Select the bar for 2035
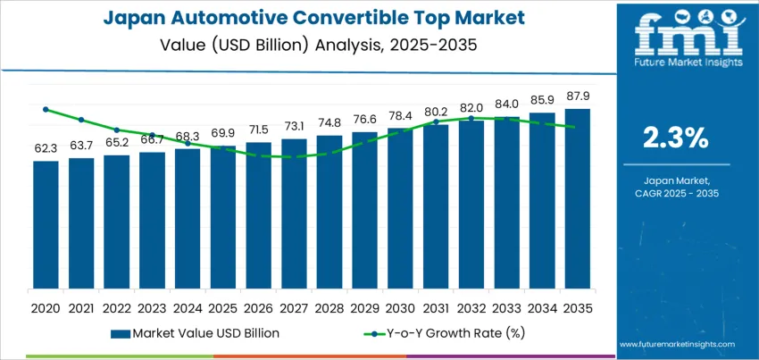tap(578, 198)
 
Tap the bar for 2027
tap(294, 213)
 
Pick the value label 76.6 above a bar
tap(364, 120)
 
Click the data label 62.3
tap(46, 148)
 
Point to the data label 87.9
tap(578, 96)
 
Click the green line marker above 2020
tap(46, 110)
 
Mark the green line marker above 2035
tap(578, 128)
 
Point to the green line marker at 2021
tap(81, 120)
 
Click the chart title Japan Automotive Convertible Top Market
tap(308, 17)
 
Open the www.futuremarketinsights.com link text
tap(676, 342)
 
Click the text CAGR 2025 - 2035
tap(676, 194)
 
